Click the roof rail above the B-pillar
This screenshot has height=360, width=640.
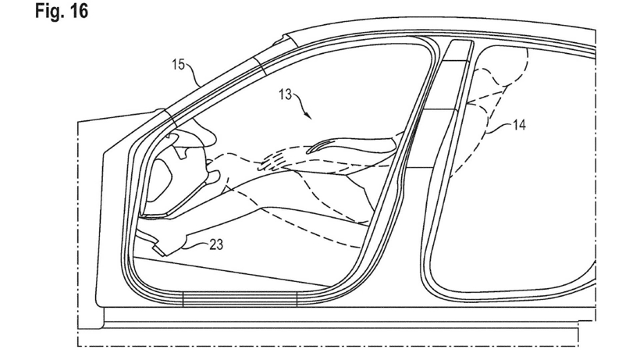pos(437,35)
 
